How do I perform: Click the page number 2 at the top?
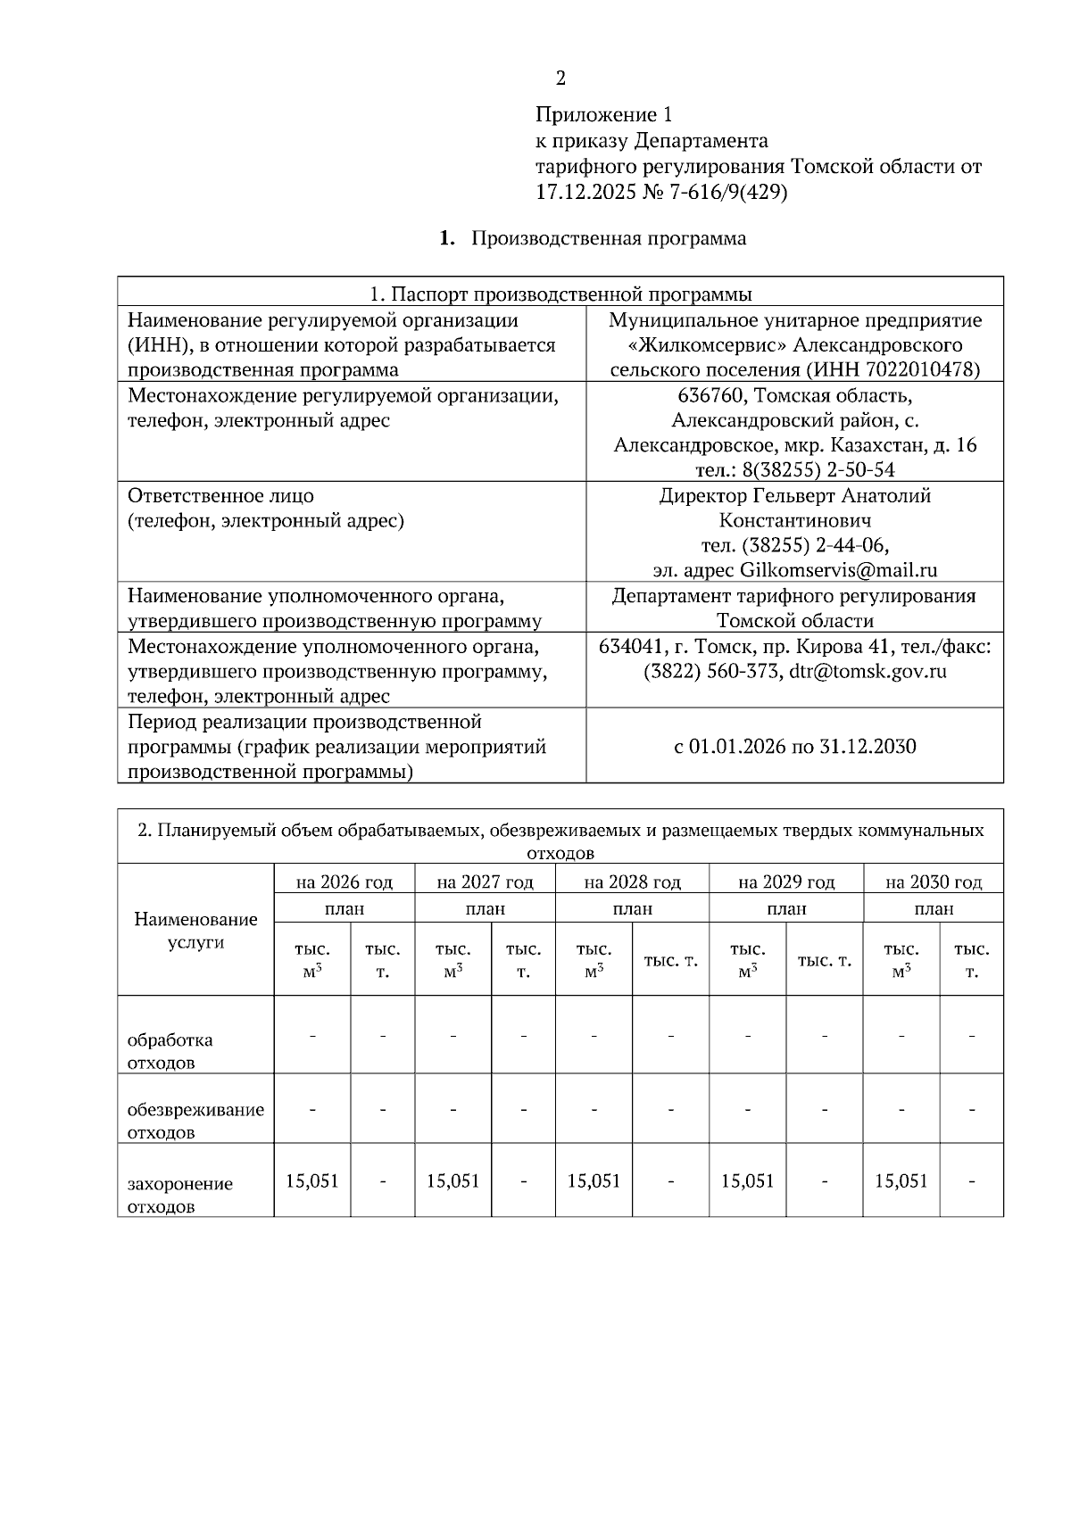(x=560, y=79)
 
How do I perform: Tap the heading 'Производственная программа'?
(x=609, y=238)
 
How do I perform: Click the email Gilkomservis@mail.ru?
(x=838, y=570)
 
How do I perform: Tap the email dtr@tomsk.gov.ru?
(x=868, y=671)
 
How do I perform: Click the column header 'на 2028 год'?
(x=632, y=882)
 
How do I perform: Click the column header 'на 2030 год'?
(x=934, y=882)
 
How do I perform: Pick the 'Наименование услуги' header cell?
(x=195, y=930)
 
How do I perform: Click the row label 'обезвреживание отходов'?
(x=195, y=1121)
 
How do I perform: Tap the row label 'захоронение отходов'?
(x=179, y=1195)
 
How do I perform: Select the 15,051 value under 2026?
(x=312, y=1180)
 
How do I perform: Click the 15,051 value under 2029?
(x=748, y=1180)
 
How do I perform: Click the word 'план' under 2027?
(x=485, y=908)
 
